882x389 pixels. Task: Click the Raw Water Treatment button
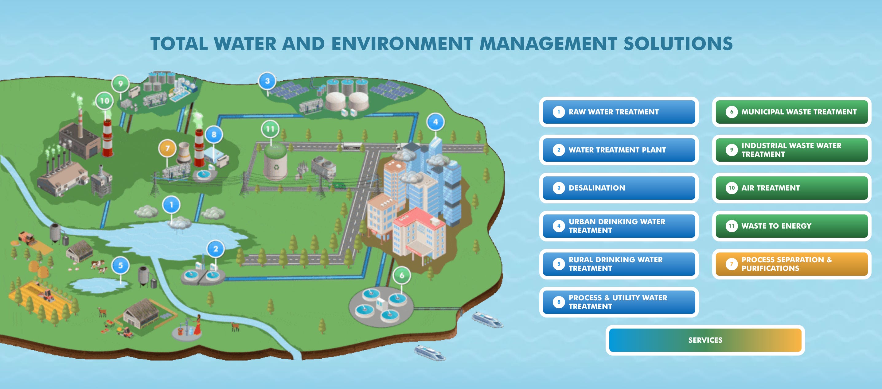619,112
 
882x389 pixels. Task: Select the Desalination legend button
619,188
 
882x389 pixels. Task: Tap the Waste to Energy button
791,226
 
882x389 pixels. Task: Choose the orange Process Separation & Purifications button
791,264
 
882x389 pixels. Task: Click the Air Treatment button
791,188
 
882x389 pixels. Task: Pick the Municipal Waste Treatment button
791,112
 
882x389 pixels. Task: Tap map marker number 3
267,81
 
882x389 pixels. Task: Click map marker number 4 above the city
435,122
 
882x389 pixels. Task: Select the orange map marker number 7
167,148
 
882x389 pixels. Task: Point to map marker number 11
270,129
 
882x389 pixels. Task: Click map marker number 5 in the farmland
120,265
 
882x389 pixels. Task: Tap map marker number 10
104,101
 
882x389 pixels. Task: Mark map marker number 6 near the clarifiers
402,275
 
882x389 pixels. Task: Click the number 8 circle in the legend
559,302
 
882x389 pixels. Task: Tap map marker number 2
215,249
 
